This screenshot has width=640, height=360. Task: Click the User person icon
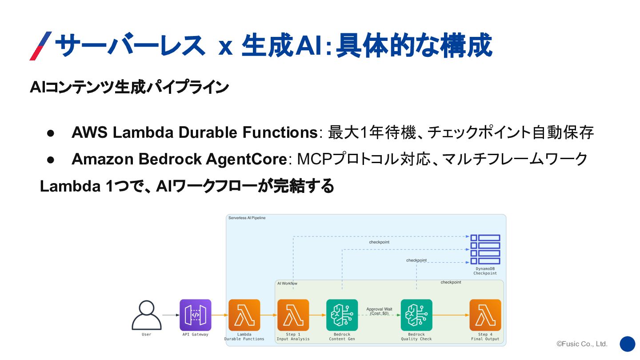click(x=146, y=315)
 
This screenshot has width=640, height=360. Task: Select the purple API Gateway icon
click(x=195, y=315)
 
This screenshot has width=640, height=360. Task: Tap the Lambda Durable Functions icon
click(x=244, y=315)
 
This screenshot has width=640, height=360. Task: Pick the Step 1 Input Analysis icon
click(x=293, y=315)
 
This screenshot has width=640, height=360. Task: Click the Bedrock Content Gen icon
click(x=342, y=315)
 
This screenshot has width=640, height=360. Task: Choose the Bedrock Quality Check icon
click(x=416, y=315)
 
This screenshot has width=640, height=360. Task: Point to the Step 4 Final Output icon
click(x=485, y=315)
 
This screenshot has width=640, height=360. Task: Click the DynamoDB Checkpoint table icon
click(x=485, y=249)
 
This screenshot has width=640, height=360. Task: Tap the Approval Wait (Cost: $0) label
click(x=379, y=311)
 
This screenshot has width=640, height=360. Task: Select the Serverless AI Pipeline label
click(x=247, y=218)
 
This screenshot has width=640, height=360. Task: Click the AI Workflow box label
click(x=287, y=283)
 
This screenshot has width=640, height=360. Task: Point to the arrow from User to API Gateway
click(x=171, y=315)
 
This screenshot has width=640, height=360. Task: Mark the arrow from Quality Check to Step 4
click(x=451, y=315)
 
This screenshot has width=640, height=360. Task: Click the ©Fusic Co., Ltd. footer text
click(x=582, y=344)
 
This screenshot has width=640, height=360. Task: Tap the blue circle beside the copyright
click(x=627, y=344)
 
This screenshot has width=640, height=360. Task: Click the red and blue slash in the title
click(x=40, y=46)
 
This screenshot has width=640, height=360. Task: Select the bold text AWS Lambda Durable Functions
click(x=193, y=132)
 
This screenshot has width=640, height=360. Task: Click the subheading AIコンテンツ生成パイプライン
click(x=129, y=87)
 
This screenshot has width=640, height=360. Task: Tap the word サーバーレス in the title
click(x=129, y=46)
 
